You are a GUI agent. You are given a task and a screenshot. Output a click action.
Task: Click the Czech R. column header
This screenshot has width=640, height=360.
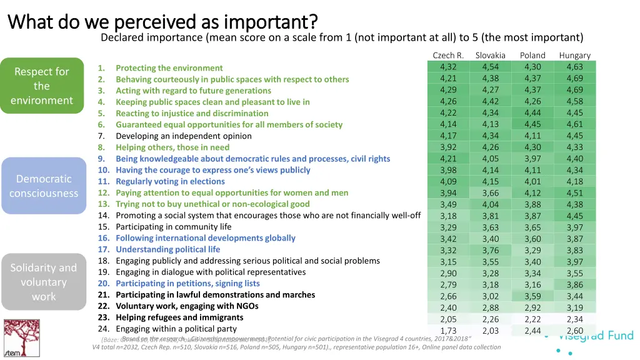click(x=448, y=56)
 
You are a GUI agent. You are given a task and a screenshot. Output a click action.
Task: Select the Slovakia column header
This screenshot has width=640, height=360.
click(x=490, y=56)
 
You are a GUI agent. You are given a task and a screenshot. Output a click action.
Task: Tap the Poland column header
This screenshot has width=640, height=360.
click(x=532, y=56)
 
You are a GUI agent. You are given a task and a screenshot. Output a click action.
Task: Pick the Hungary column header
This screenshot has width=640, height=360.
click(x=574, y=56)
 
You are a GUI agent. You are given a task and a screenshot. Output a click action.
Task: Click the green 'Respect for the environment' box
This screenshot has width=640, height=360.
click(x=42, y=86)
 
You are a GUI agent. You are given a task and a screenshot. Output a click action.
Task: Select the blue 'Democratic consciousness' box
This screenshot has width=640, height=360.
click(x=44, y=186)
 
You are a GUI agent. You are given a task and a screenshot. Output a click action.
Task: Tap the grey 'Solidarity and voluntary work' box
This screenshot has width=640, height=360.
click(x=44, y=282)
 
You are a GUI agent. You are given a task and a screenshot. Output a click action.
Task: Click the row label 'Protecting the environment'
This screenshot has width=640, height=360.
click(x=169, y=68)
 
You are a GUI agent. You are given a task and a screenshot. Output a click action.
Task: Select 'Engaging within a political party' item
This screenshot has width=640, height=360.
click(x=176, y=329)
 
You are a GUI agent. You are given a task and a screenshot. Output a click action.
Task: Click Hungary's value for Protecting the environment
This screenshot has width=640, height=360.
click(x=574, y=67)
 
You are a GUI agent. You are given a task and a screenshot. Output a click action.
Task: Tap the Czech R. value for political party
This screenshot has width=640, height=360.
click(x=448, y=331)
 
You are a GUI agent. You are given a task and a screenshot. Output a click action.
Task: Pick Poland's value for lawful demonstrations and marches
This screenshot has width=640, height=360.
click(x=532, y=296)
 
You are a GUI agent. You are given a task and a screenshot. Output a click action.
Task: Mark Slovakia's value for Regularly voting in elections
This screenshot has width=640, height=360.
click(x=490, y=182)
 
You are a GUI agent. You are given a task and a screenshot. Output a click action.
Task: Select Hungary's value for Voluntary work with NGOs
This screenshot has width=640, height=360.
click(x=574, y=308)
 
